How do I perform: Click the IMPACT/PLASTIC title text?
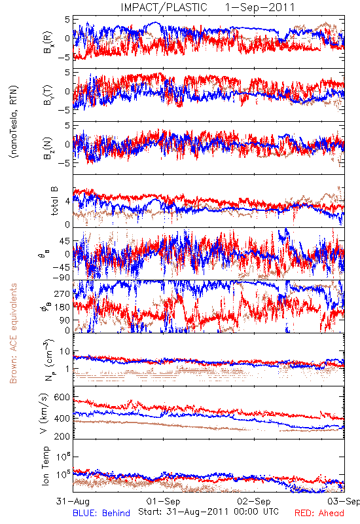pyautogui.click(x=164, y=7)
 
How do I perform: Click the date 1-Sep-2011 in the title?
pyautogui.click(x=260, y=7)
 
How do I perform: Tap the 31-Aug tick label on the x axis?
pyautogui.click(x=73, y=501)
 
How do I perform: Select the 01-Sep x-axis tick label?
pyautogui.click(x=163, y=501)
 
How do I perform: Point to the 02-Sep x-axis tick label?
pyautogui.click(x=254, y=501)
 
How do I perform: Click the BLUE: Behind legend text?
pyautogui.click(x=101, y=513)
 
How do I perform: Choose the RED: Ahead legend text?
pyautogui.click(x=319, y=513)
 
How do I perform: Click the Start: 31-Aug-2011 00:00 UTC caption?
pyautogui.click(x=208, y=512)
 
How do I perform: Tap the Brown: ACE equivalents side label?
pyautogui.click(x=13, y=333)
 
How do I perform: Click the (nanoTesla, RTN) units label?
pyautogui.click(x=14, y=122)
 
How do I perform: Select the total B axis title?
pyautogui.click(x=54, y=201)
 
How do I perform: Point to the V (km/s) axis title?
pyautogui.click(x=44, y=413)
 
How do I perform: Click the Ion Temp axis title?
pyautogui.click(x=45, y=466)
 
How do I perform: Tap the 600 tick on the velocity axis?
pyautogui.click(x=62, y=398)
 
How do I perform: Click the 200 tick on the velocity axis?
pyautogui.click(x=62, y=436)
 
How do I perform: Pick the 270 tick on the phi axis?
pyautogui.click(x=62, y=293)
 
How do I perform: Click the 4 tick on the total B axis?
pyautogui.click(x=67, y=202)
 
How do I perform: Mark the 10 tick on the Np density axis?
pyautogui.click(x=65, y=352)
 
